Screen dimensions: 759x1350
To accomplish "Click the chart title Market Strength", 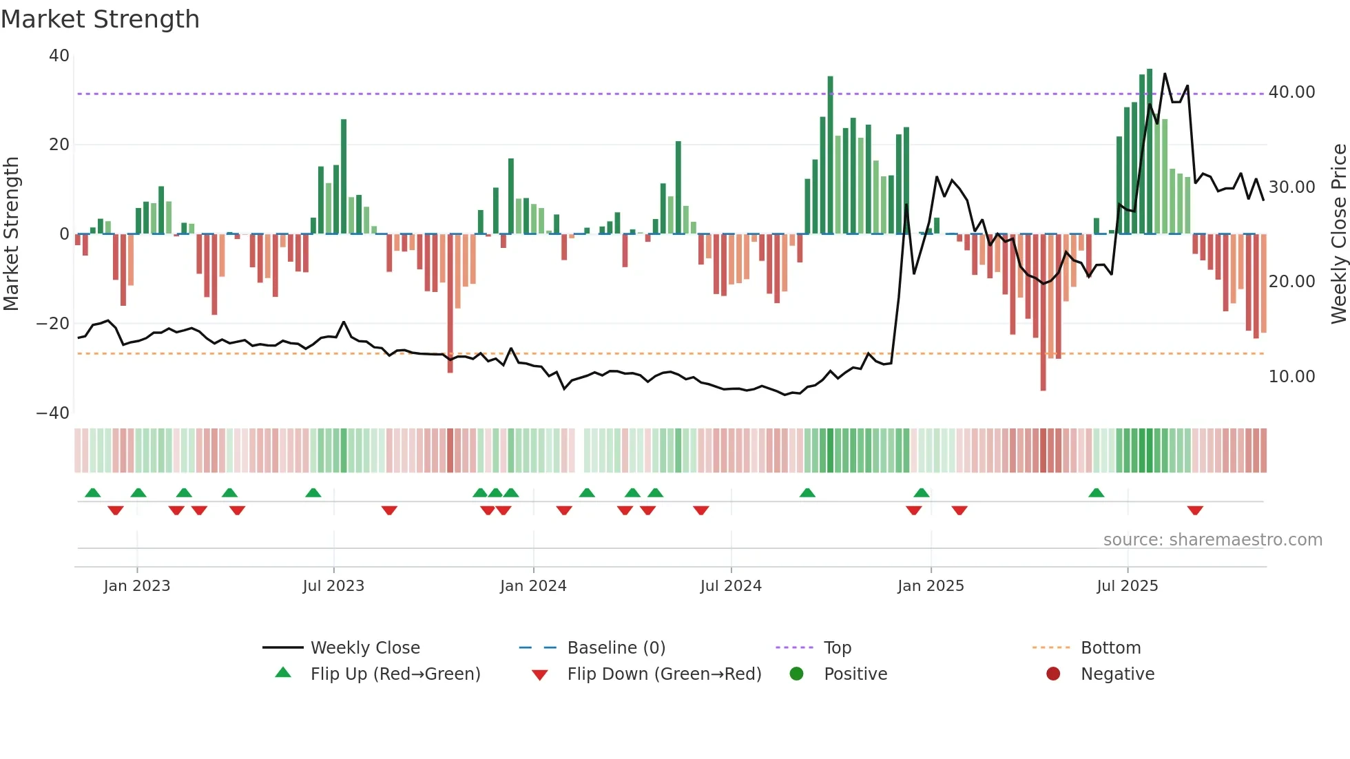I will pos(100,19).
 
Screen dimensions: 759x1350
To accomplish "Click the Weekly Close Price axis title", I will pos(1338,233).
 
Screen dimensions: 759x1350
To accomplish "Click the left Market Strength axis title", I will pos(11,233).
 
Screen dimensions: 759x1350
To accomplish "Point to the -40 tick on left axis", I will pos(52,413).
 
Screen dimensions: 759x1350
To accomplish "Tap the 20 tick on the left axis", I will pos(59,145).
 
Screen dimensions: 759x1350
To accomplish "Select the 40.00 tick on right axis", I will pos(1291,92).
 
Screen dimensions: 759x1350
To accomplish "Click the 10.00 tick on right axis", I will pos(1291,377).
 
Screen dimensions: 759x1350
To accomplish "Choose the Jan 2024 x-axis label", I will pos(533,586).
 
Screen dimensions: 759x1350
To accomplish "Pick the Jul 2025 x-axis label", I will pos(1127,586).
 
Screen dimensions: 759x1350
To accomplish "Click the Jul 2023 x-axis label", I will pos(333,586).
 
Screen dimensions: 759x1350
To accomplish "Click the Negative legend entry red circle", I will pos(1053,674).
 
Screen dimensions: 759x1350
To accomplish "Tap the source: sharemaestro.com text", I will pos(1212,540).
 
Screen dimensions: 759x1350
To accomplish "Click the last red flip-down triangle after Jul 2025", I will pos(1195,510).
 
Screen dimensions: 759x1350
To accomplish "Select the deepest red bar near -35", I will pos(1043,313).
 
